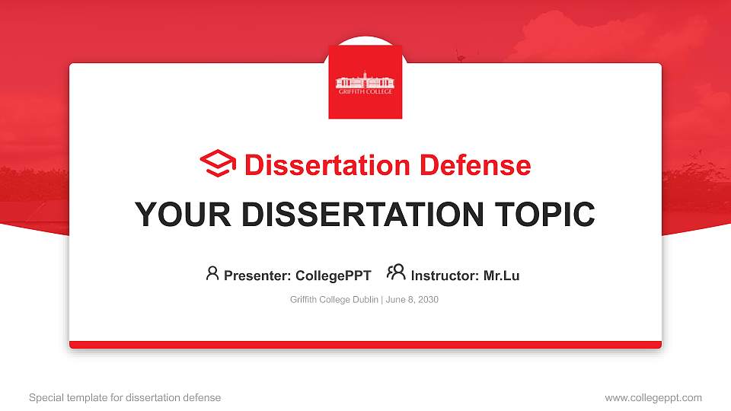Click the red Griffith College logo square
pos(365,82)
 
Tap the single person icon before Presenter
pos(212,273)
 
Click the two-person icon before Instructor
pos(396,272)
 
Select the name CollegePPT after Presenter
pos(333,276)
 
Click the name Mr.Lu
pos(501,276)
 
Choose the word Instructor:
pos(445,276)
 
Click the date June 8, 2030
pos(412,300)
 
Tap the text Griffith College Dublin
pos(334,300)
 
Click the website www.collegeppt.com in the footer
pos(653,397)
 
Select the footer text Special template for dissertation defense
pos(125,397)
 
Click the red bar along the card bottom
pos(365,345)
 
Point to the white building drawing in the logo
pos(365,79)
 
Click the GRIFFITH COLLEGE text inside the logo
pos(365,91)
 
